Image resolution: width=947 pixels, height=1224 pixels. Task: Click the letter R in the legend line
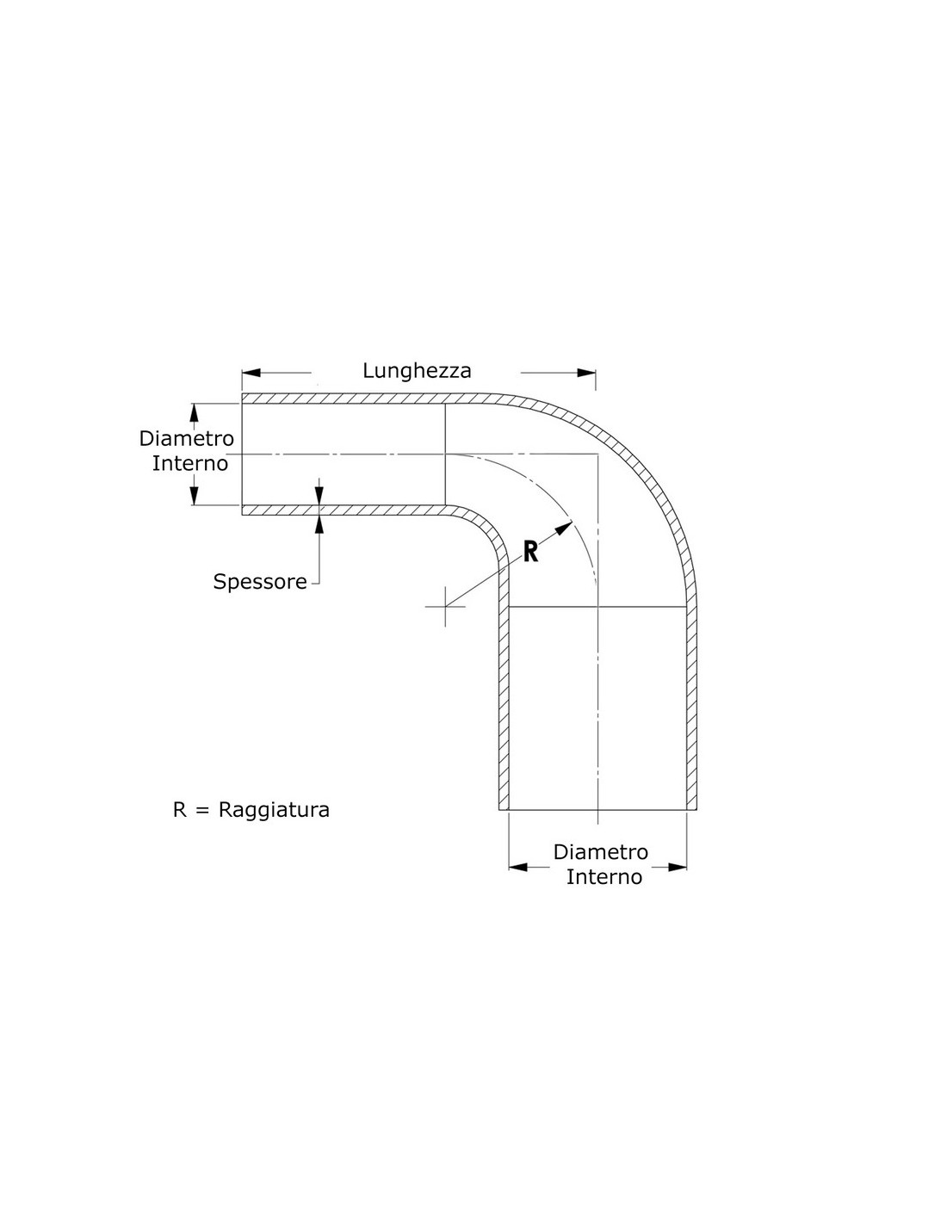(180, 809)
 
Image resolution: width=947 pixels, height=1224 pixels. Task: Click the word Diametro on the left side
(187, 438)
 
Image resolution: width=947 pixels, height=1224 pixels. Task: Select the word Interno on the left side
(190, 464)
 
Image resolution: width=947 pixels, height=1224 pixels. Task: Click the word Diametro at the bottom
(601, 868)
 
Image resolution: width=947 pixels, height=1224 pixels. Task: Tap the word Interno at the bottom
(603, 893)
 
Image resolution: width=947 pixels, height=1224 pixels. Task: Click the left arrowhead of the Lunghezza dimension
(251, 373)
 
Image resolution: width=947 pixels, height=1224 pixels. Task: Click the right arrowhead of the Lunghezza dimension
(586, 373)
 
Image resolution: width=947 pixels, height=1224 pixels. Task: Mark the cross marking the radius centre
(445, 607)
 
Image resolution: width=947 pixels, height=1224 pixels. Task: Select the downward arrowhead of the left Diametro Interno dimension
(195, 496)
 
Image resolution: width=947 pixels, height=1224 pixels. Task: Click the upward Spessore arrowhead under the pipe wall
(319, 524)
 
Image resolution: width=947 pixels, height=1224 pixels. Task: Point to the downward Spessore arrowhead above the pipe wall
(319, 496)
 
